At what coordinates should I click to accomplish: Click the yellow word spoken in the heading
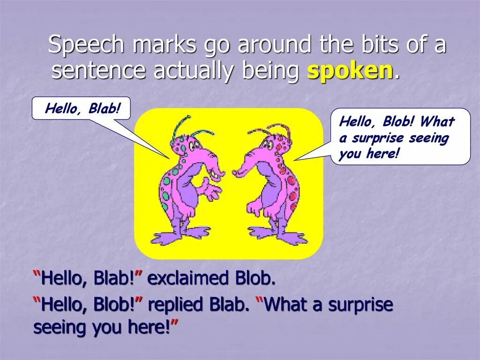(350, 71)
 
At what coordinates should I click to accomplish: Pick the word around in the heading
(274, 45)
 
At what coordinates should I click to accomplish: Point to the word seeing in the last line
(60, 327)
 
